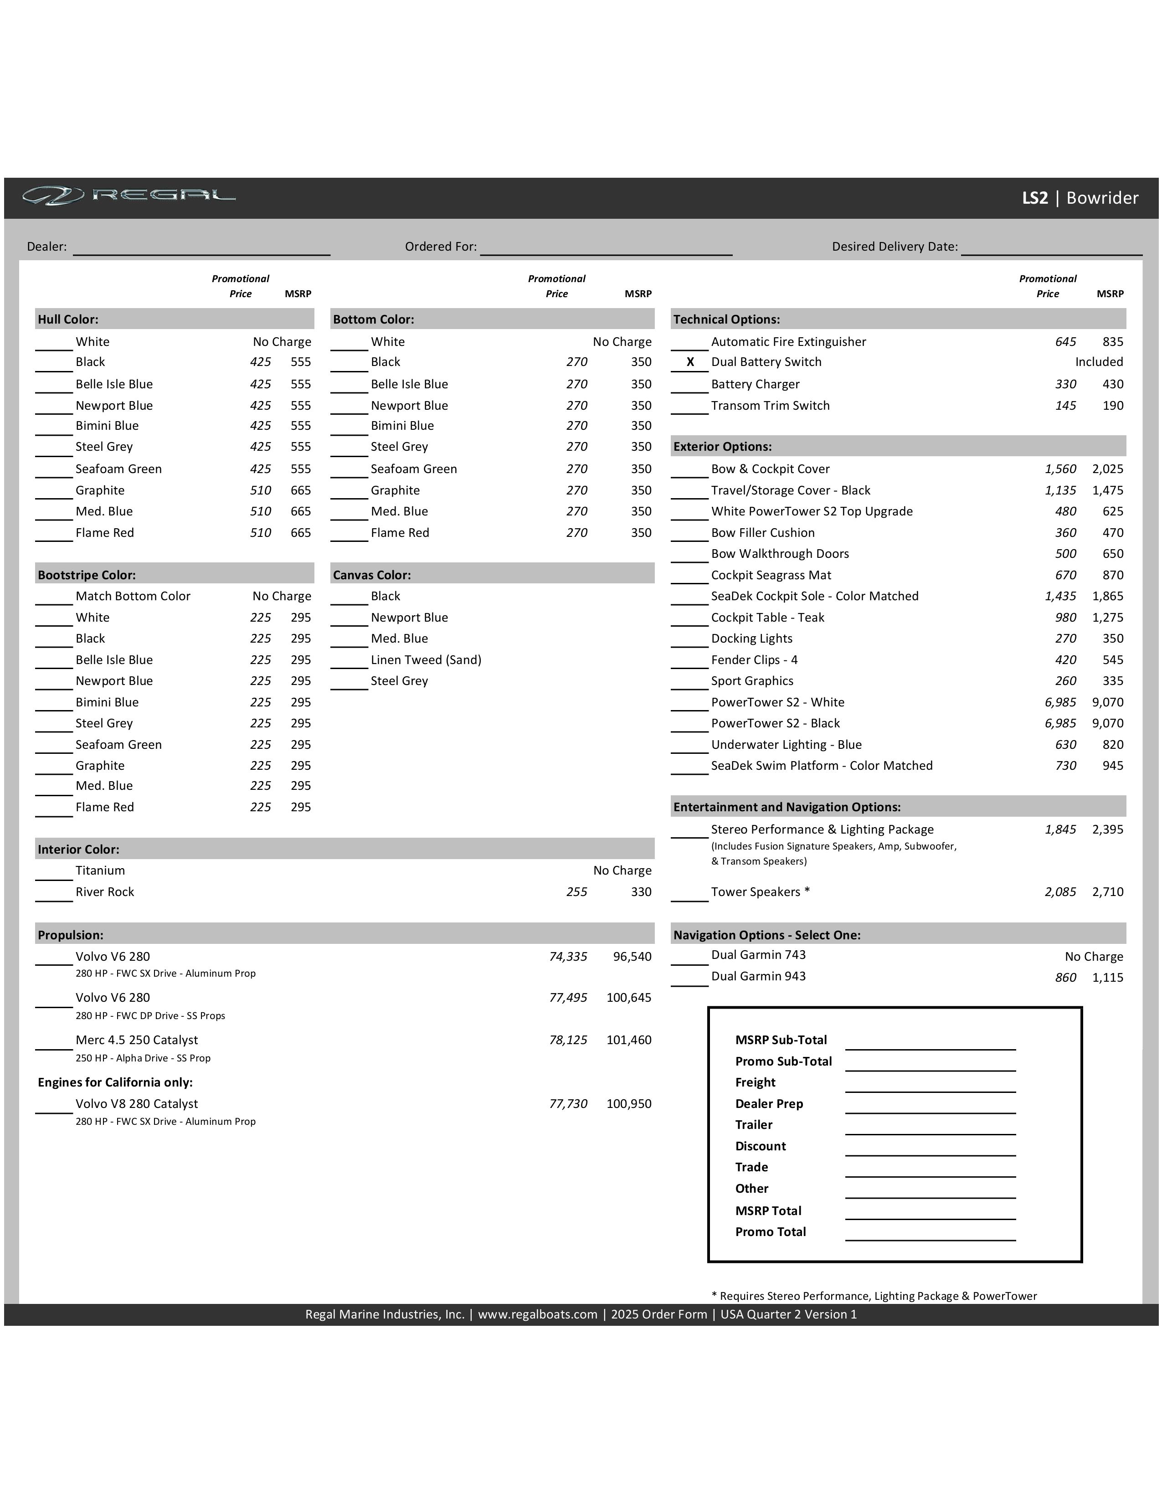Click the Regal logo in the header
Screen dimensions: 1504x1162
coord(129,196)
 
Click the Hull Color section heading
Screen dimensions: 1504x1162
coord(68,319)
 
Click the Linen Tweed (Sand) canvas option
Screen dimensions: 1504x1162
coord(426,660)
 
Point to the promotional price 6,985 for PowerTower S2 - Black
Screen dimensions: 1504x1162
coord(1059,723)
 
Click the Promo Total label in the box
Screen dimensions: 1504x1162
coord(770,1232)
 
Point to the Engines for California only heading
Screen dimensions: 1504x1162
coord(115,1082)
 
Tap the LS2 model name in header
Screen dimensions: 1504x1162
coord(1034,198)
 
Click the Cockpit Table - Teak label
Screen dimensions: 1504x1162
coord(767,618)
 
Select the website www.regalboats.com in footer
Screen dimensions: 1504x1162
coord(538,1314)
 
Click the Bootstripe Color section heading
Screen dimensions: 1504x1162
coord(87,575)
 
